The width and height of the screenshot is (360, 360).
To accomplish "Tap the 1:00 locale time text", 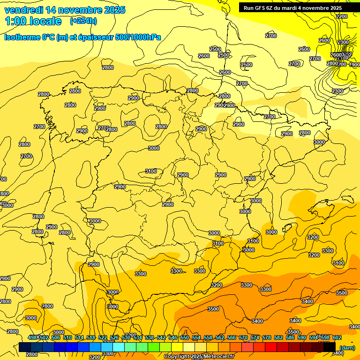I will point(33,21).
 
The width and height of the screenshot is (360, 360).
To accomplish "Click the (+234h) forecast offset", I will point(83,21).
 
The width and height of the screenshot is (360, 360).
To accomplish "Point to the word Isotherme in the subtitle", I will point(22,37).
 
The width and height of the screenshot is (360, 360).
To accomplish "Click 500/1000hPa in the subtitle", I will point(138,37).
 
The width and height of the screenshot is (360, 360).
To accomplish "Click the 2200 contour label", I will point(342,16).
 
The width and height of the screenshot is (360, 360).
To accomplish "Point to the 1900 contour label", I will point(354,65).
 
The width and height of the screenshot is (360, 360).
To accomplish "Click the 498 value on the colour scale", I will point(32,337).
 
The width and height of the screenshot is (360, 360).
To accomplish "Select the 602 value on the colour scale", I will point(337,337).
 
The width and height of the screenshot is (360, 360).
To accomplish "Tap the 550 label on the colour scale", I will point(185,337).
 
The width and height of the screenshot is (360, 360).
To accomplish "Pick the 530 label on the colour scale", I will point(126,337).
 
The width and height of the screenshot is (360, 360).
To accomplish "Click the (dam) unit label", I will point(347,348).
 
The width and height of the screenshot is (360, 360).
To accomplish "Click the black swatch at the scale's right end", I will point(330,347).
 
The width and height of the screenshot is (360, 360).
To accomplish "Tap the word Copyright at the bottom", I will point(177,357).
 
